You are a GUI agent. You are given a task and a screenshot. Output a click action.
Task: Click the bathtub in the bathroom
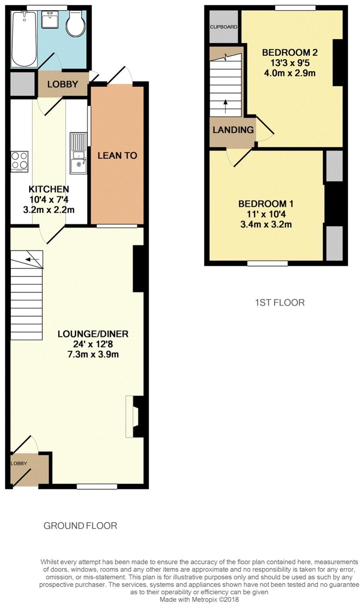(24, 39)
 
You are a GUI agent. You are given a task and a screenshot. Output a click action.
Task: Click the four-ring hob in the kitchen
(19, 161)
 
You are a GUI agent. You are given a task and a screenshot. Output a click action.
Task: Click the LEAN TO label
(117, 155)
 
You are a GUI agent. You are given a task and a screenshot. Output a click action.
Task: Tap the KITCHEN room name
(49, 189)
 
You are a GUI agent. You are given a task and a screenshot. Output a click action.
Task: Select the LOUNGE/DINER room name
(93, 334)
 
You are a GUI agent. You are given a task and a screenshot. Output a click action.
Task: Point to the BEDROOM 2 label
(290, 52)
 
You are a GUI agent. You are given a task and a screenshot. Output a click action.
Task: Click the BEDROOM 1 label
(266, 204)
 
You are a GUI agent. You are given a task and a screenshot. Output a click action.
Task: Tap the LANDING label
(233, 130)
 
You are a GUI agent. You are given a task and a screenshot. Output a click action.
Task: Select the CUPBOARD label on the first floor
(224, 27)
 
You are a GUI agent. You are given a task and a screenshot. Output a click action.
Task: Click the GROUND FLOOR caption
(80, 526)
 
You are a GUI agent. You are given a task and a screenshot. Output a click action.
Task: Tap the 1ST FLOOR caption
(280, 302)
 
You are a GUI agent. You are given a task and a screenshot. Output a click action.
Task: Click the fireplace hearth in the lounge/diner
(129, 417)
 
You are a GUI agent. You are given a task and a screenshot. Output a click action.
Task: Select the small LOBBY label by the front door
(19, 463)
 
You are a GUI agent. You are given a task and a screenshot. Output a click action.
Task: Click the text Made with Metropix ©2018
(199, 599)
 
